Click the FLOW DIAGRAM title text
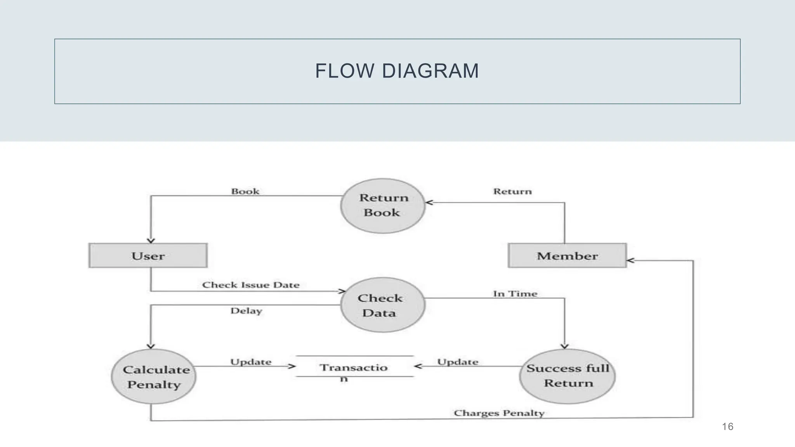pyautogui.click(x=397, y=71)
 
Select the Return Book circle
pyautogui.click(x=383, y=206)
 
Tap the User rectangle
pyautogui.click(x=148, y=256)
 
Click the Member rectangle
pyautogui.click(x=567, y=256)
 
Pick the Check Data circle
pyautogui.click(x=383, y=305)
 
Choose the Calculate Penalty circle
pyautogui.click(x=154, y=376)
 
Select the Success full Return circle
pyautogui.click(x=567, y=376)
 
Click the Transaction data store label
pyautogui.click(x=354, y=368)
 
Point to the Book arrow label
pyautogui.click(x=245, y=191)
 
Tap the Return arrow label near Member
pyautogui.click(x=512, y=191)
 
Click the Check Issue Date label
pyautogui.click(x=251, y=285)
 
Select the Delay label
pyautogui.click(x=246, y=311)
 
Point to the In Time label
pyautogui.click(x=515, y=294)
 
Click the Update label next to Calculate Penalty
pyautogui.click(x=251, y=362)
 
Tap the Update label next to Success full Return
pyautogui.click(x=458, y=362)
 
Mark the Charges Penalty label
pyautogui.click(x=499, y=413)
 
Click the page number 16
pyautogui.click(x=727, y=427)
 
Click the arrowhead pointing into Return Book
pyautogui.click(x=429, y=202)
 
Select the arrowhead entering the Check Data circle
pyautogui.click(x=342, y=291)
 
